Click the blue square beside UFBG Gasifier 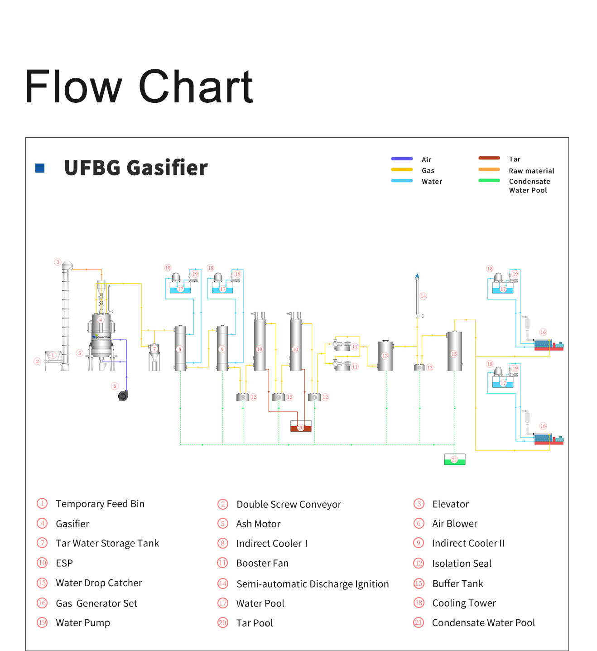coord(39,168)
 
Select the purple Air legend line coord(402,159)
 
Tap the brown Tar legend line coord(489,158)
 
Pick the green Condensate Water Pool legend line coord(489,180)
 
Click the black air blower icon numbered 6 coord(123,395)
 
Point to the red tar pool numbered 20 coord(301,426)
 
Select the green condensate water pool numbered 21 coord(454,459)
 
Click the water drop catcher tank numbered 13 coord(385,356)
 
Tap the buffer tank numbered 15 coord(454,351)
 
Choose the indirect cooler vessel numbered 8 coord(180,348)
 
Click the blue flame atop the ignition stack coord(417,276)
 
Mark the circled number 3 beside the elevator coord(58,262)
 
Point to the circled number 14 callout coord(423,296)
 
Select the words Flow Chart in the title coord(139,87)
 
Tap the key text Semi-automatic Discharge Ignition coord(313,584)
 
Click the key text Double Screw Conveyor coord(289,504)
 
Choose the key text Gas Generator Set coord(96,603)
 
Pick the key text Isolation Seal coord(462,564)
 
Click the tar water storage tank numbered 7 coord(154,357)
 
